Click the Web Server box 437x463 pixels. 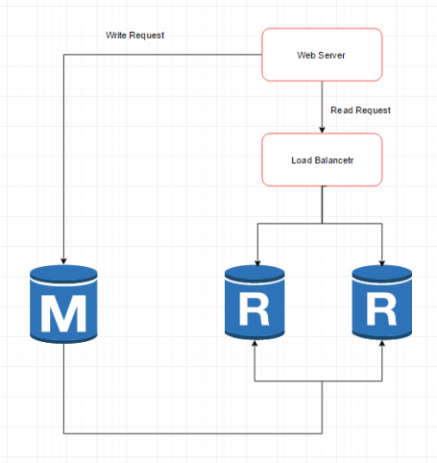[322, 54]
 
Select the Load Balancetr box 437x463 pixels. [322, 158]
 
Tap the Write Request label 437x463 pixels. [134, 36]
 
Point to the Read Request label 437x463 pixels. [360, 110]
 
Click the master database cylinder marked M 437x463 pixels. [63, 305]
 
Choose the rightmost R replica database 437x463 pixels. [382, 305]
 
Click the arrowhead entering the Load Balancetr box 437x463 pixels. [322, 130]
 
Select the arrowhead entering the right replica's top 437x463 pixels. [382, 262]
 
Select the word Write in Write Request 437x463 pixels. [117, 36]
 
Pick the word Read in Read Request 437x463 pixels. [341, 110]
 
